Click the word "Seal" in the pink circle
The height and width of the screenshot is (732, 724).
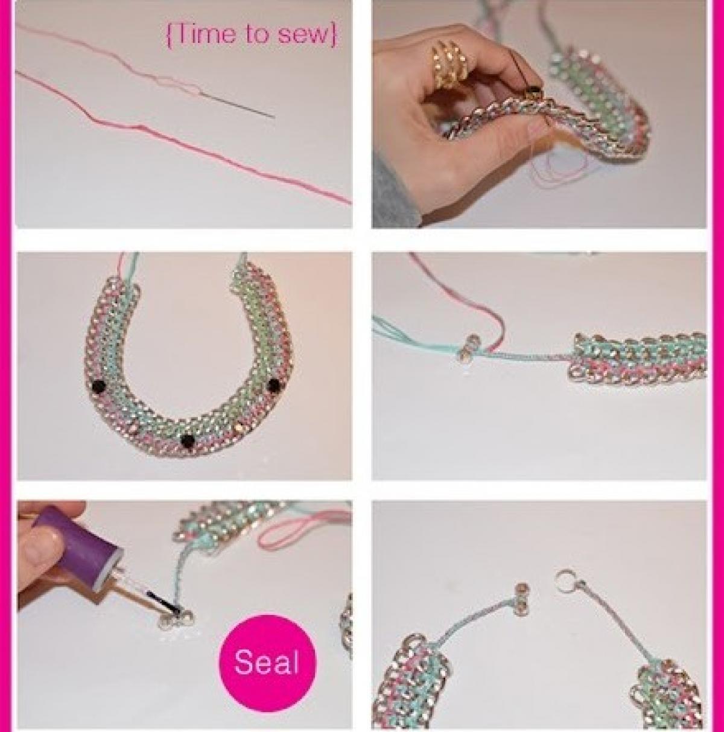click(x=267, y=662)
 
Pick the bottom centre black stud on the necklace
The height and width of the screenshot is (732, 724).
click(x=188, y=441)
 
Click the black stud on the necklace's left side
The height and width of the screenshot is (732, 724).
click(x=101, y=386)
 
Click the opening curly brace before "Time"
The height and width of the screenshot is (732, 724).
click(x=170, y=35)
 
